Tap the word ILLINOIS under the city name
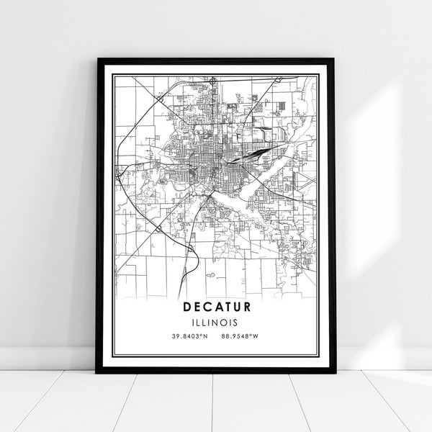(x=216, y=322)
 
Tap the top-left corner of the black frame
(x=97, y=59)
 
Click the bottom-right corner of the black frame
(x=335, y=372)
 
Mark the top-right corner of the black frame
(x=335, y=59)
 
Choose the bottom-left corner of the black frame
(x=97, y=372)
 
